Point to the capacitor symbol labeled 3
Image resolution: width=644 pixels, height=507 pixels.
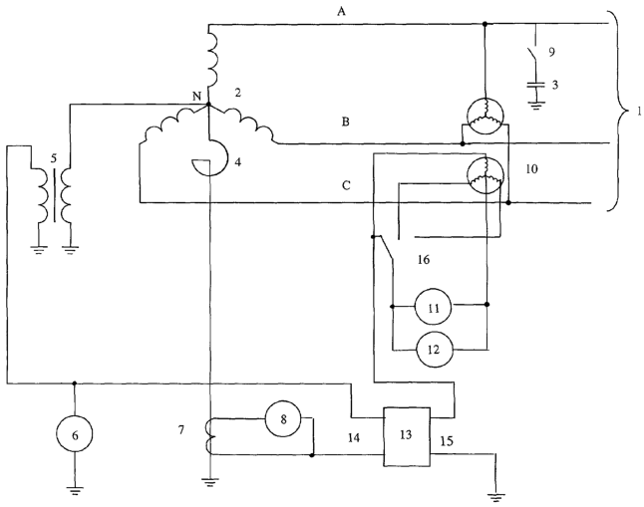[536, 85]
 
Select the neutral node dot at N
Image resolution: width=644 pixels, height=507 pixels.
[207, 105]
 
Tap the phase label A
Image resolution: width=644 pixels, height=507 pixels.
[341, 12]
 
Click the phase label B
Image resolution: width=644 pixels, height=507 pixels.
[346, 122]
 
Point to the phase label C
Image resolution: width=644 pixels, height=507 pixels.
[346, 185]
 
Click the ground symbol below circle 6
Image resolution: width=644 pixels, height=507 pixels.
[75, 490]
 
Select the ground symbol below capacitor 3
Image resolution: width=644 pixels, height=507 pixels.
[536, 106]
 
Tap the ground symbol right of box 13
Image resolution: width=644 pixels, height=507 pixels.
[496, 498]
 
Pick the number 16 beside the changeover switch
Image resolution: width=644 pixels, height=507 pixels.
[424, 259]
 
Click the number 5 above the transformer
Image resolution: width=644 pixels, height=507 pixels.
[54, 158]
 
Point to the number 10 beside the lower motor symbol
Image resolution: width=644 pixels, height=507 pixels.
[531, 168]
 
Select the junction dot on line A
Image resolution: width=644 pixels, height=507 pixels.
[484, 24]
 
